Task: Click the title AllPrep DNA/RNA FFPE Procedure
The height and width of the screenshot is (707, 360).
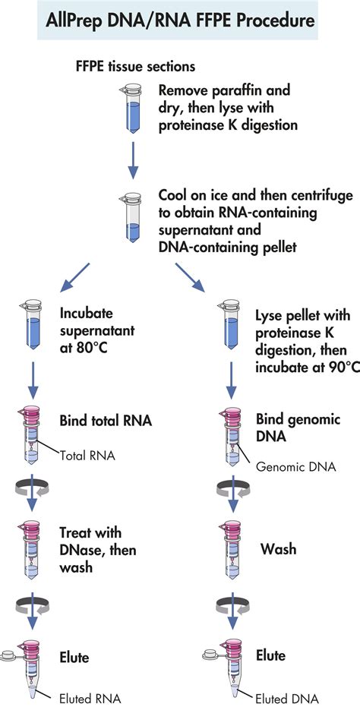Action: (x=180, y=21)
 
